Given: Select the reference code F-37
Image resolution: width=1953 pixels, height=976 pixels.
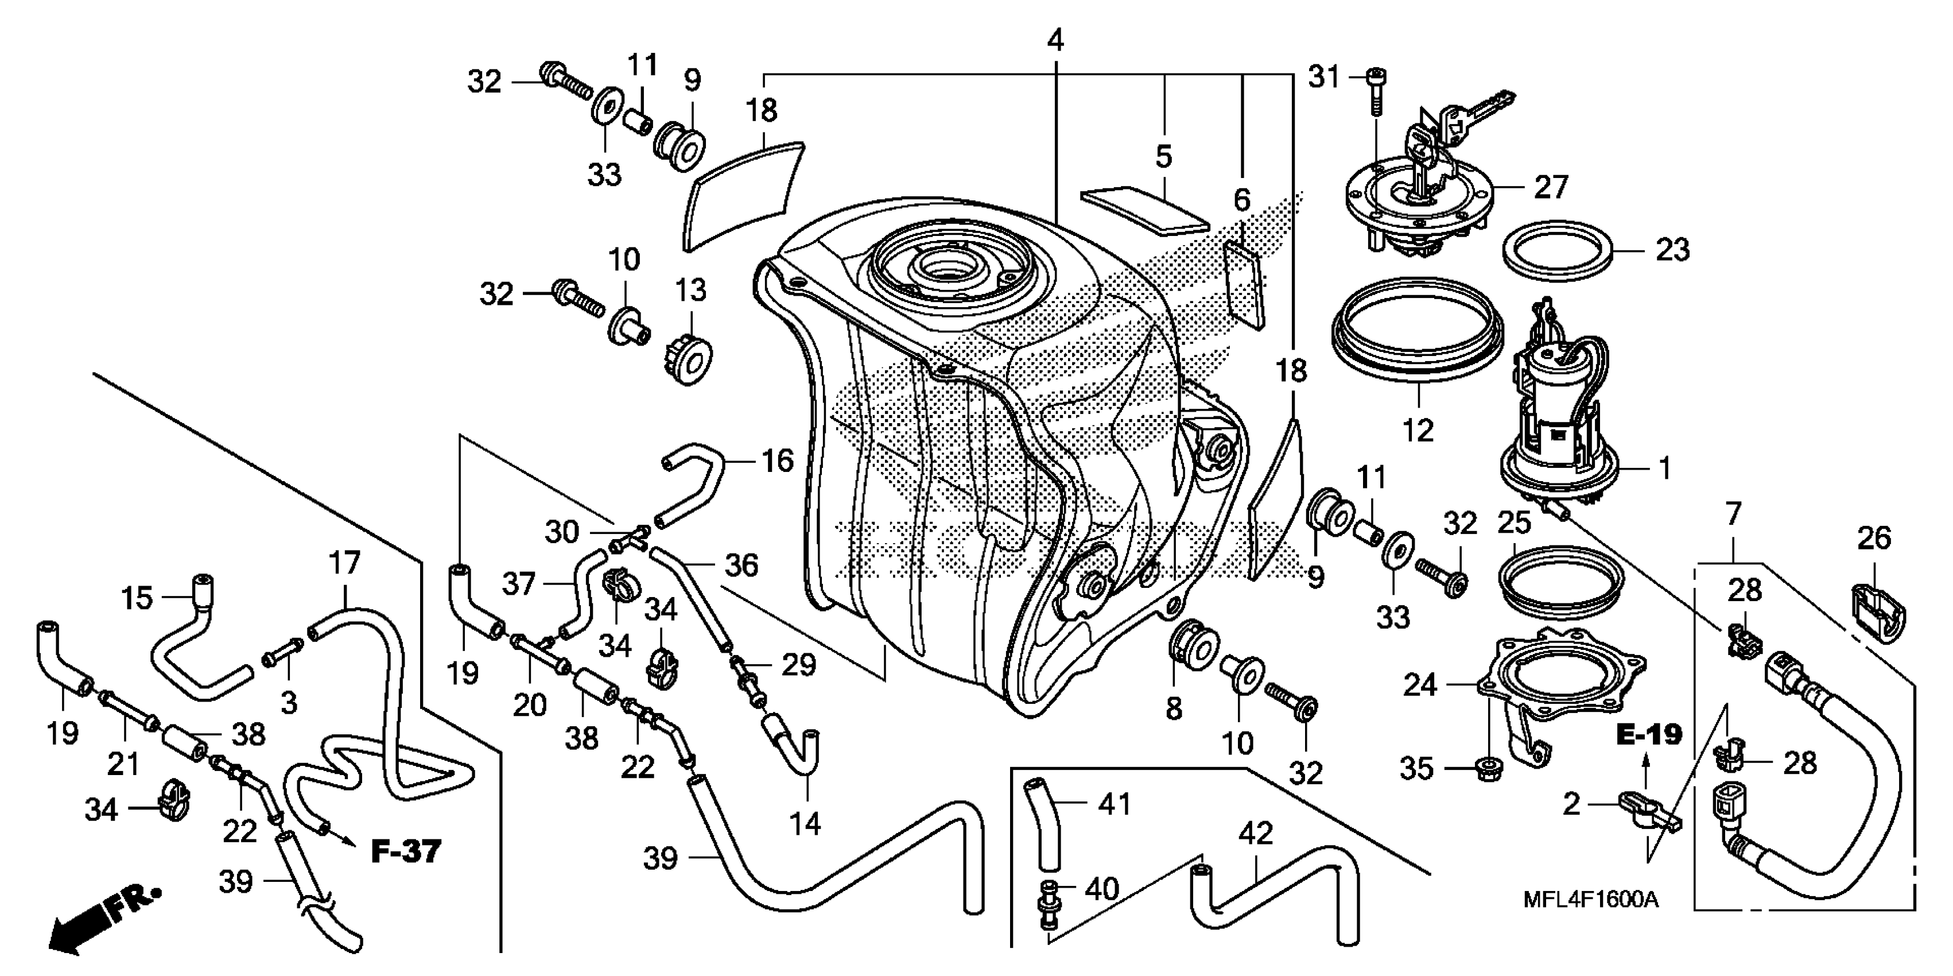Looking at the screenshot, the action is point(406,851).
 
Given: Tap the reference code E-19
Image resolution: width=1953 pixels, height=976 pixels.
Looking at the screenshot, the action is point(1649,734).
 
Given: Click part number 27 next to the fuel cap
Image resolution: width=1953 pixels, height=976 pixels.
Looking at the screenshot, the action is point(1551,187).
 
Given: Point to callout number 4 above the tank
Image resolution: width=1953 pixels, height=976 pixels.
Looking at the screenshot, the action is point(1055,40).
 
